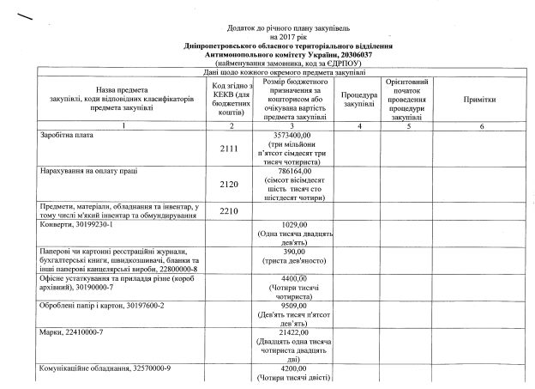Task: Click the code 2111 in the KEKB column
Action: [x=227, y=149]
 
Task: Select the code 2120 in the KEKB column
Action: [x=227, y=184]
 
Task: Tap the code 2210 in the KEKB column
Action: [x=227, y=210]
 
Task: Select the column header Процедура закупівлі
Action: [x=358, y=99]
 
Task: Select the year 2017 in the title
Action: [x=279, y=37]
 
